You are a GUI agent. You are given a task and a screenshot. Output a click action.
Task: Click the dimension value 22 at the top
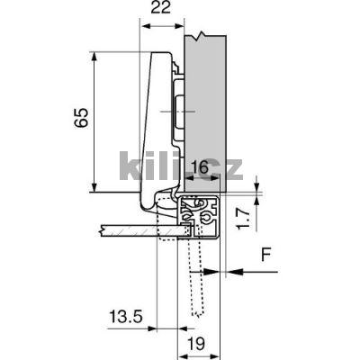click(x=160, y=8)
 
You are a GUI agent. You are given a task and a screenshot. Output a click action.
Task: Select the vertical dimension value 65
click(x=82, y=118)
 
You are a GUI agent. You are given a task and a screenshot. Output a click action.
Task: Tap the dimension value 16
click(x=200, y=167)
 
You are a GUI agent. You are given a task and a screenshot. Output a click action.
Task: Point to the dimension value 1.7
click(x=243, y=220)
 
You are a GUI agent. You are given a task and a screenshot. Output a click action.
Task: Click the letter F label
click(x=265, y=255)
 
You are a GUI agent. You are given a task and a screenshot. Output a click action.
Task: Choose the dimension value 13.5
click(x=126, y=317)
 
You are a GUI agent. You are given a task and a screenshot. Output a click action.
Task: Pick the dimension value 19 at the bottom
click(x=197, y=344)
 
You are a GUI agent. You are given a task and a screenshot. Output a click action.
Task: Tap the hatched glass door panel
click(x=144, y=230)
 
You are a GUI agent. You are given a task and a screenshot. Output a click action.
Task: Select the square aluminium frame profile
click(x=199, y=217)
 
